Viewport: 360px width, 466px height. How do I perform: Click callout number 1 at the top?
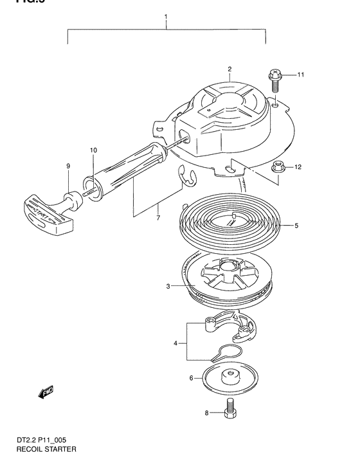pos(166,15)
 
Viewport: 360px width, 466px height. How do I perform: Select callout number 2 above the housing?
pos(229,69)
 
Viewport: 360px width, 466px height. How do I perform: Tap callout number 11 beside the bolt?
pos(300,75)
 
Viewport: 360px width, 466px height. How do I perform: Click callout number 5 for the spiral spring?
pos(296,226)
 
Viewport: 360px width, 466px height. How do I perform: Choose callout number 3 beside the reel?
pos(167,287)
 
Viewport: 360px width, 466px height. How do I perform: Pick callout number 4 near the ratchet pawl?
pos(175,344)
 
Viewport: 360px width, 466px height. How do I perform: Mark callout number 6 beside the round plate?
pos(191,379)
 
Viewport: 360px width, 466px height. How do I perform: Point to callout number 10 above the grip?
pos(93,150)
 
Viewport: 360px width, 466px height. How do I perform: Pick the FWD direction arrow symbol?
pos(47,391)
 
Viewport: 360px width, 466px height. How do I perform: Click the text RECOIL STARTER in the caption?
pos(42,449)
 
